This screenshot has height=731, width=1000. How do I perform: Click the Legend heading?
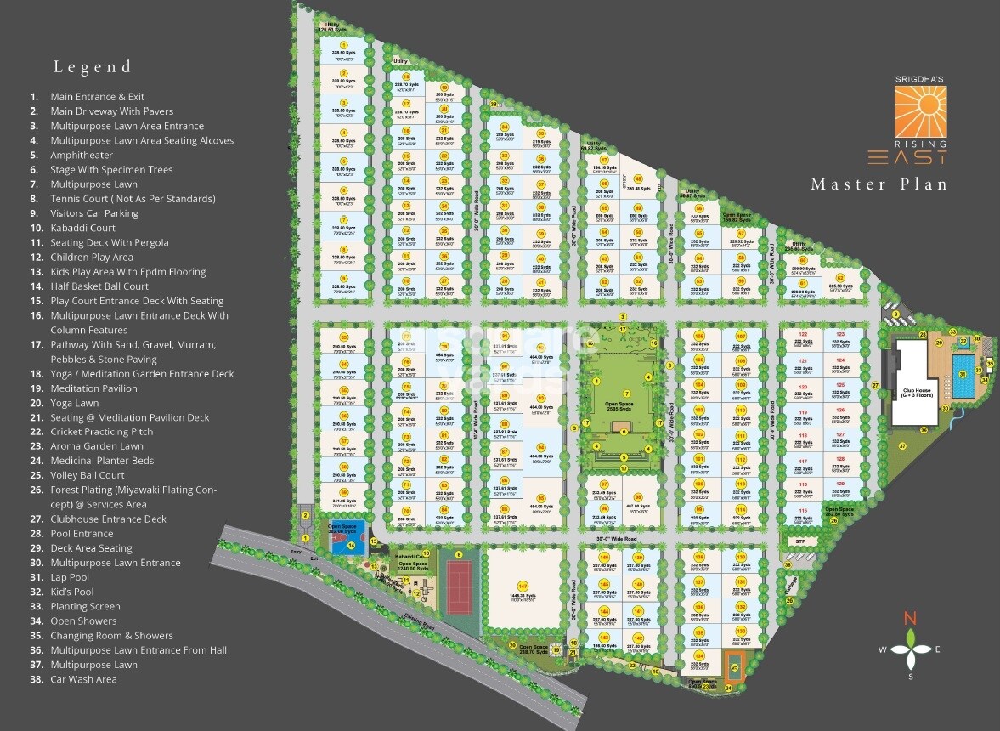[93, 67]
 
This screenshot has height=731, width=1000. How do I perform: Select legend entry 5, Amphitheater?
[82, 155]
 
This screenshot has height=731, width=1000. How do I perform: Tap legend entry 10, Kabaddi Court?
[82, 228]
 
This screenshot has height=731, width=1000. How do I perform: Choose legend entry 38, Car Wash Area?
[83, 679]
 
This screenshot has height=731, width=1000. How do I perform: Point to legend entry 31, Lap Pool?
[70, 577]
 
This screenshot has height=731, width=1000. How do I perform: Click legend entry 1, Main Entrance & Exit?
[97, 97]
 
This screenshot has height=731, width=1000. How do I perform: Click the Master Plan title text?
[878, 184]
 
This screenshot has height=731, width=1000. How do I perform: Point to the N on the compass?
[910, 618]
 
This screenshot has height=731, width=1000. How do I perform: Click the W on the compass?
[882, 650]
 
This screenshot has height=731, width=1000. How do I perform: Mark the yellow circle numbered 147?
[523, 586]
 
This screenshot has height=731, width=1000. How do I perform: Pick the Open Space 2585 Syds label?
[625, 407]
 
